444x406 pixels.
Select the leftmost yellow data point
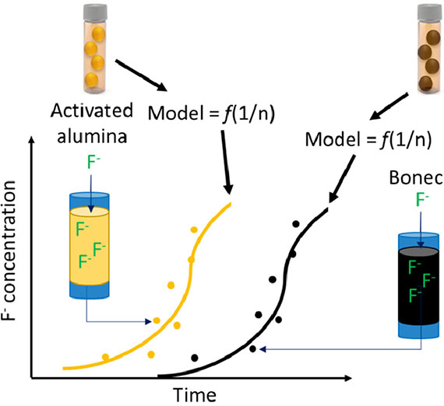point(105,356)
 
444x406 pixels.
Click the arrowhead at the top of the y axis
point(32,140)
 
